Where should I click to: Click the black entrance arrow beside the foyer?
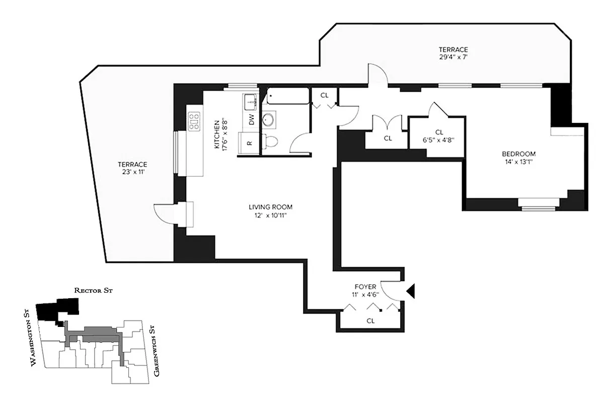(x=410, y=291)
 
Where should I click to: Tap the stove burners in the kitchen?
(x=194, y=121)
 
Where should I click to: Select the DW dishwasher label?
(x=251, y=120)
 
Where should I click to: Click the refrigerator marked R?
(x=249, y=143)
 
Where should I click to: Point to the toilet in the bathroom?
(x=270, y=141)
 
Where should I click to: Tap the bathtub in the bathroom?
(x=287, y=96)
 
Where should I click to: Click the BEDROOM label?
(x=518, y=154)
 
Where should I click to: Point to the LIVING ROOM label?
(x=270, y=207)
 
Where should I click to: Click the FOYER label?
(x=364, y=287)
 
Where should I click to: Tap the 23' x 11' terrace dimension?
(x=132, y=172)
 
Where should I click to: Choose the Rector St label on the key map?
(x=96, y=291)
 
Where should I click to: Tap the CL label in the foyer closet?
(x=370, y=320)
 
